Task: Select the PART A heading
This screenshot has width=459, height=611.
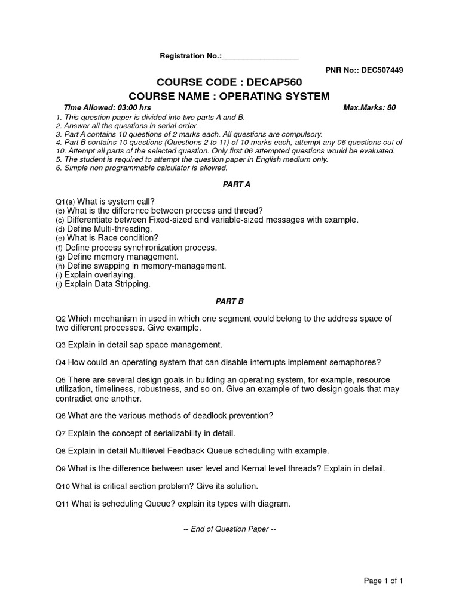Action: click(229, 184)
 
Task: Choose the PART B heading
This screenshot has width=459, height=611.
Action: click(229, 301)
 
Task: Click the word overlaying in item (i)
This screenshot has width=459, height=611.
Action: click(113, 275)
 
